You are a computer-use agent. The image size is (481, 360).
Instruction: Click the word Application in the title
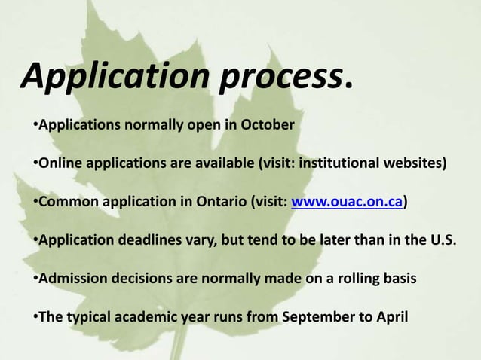point(115,77)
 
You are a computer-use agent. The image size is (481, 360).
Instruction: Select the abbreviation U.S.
point(442,241)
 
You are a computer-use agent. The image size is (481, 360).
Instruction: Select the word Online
point(58,163)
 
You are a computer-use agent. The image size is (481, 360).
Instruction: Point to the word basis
point(398,280)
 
